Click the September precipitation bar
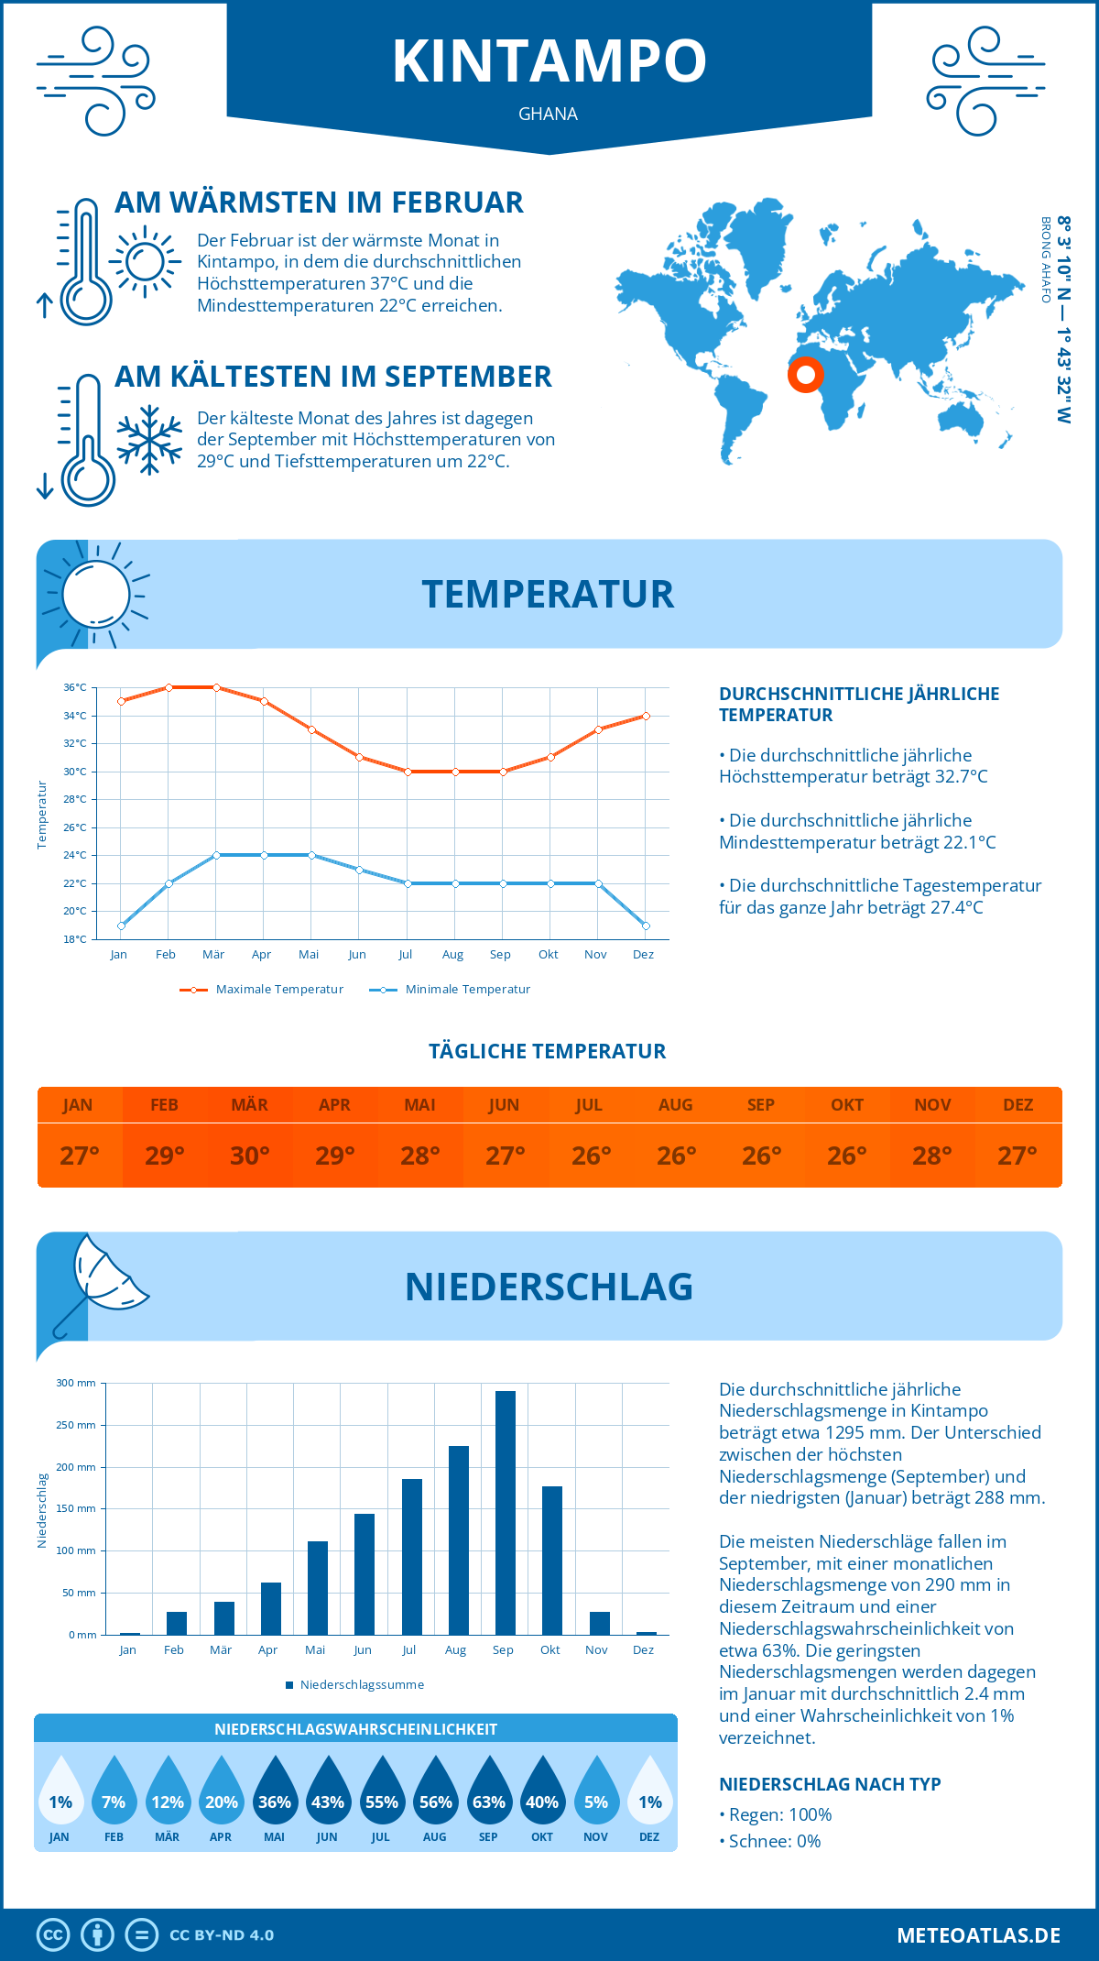(505, 1512)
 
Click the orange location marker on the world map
(806, 374)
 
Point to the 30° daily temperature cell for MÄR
(249, 1156)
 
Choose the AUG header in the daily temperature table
(675, 1105)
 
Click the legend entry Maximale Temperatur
(262, 990)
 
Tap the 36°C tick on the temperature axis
(75, 687)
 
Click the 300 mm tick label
(76, 1383)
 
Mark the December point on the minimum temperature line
(646, 926)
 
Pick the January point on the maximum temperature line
(121, 701)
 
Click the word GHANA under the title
(548, 114)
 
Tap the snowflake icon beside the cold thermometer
(149, 440)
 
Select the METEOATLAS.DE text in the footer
(978, 1935)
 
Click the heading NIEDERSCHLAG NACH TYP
(830, 1784)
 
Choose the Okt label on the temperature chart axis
(548, 955)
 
